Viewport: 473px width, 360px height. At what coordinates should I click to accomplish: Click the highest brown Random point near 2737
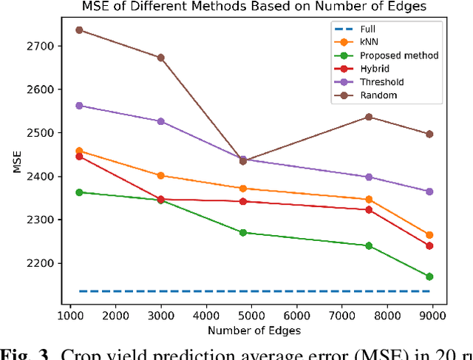tap(79, 30)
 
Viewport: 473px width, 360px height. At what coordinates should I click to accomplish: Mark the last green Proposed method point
tap(429, 276)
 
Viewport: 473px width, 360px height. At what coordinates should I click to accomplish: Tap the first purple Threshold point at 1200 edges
tap(79, 106)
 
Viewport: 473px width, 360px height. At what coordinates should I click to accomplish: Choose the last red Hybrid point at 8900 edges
tap(429, 245)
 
